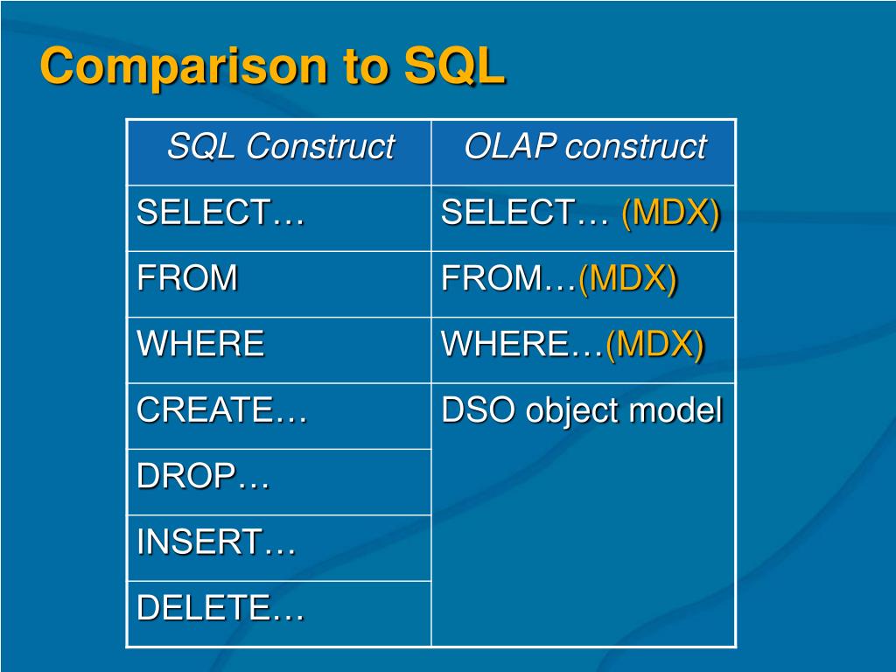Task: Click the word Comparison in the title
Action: (x=184, y=67)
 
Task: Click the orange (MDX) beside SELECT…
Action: (x=671, y=213)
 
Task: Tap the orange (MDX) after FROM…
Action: (x=628, y=279)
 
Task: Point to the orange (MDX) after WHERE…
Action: (x=654, y=345)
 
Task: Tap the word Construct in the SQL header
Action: (x=320, y=146)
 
